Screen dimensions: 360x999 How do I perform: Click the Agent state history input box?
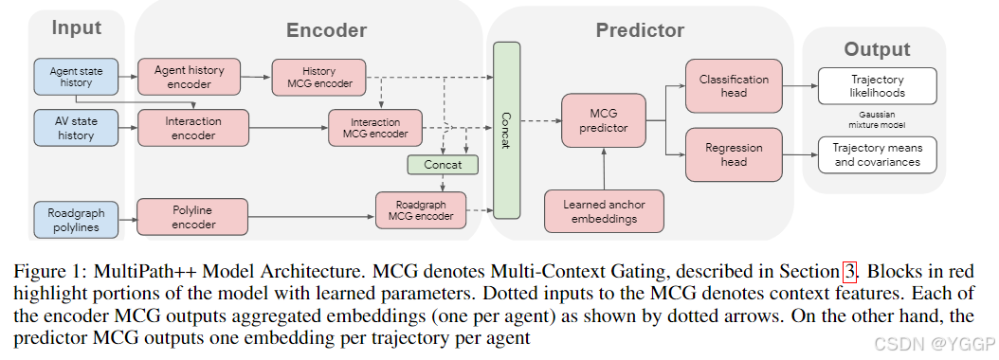click(75, 76)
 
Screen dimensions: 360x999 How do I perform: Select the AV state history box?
click(75, 128)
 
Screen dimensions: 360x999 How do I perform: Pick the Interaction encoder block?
click(193, 128)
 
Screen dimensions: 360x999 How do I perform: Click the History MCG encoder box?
click(318, 77)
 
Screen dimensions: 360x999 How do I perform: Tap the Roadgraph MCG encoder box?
click(421, 209)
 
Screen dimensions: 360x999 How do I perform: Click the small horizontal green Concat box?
click(443, 165)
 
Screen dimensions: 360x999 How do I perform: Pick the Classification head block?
click(734, 86)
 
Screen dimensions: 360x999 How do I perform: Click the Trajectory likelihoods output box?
click(877, 86)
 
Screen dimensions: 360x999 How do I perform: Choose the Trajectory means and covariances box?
click(877, 154)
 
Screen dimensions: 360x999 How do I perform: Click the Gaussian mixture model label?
click(877, 119)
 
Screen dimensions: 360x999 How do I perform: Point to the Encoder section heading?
click(326, 30)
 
